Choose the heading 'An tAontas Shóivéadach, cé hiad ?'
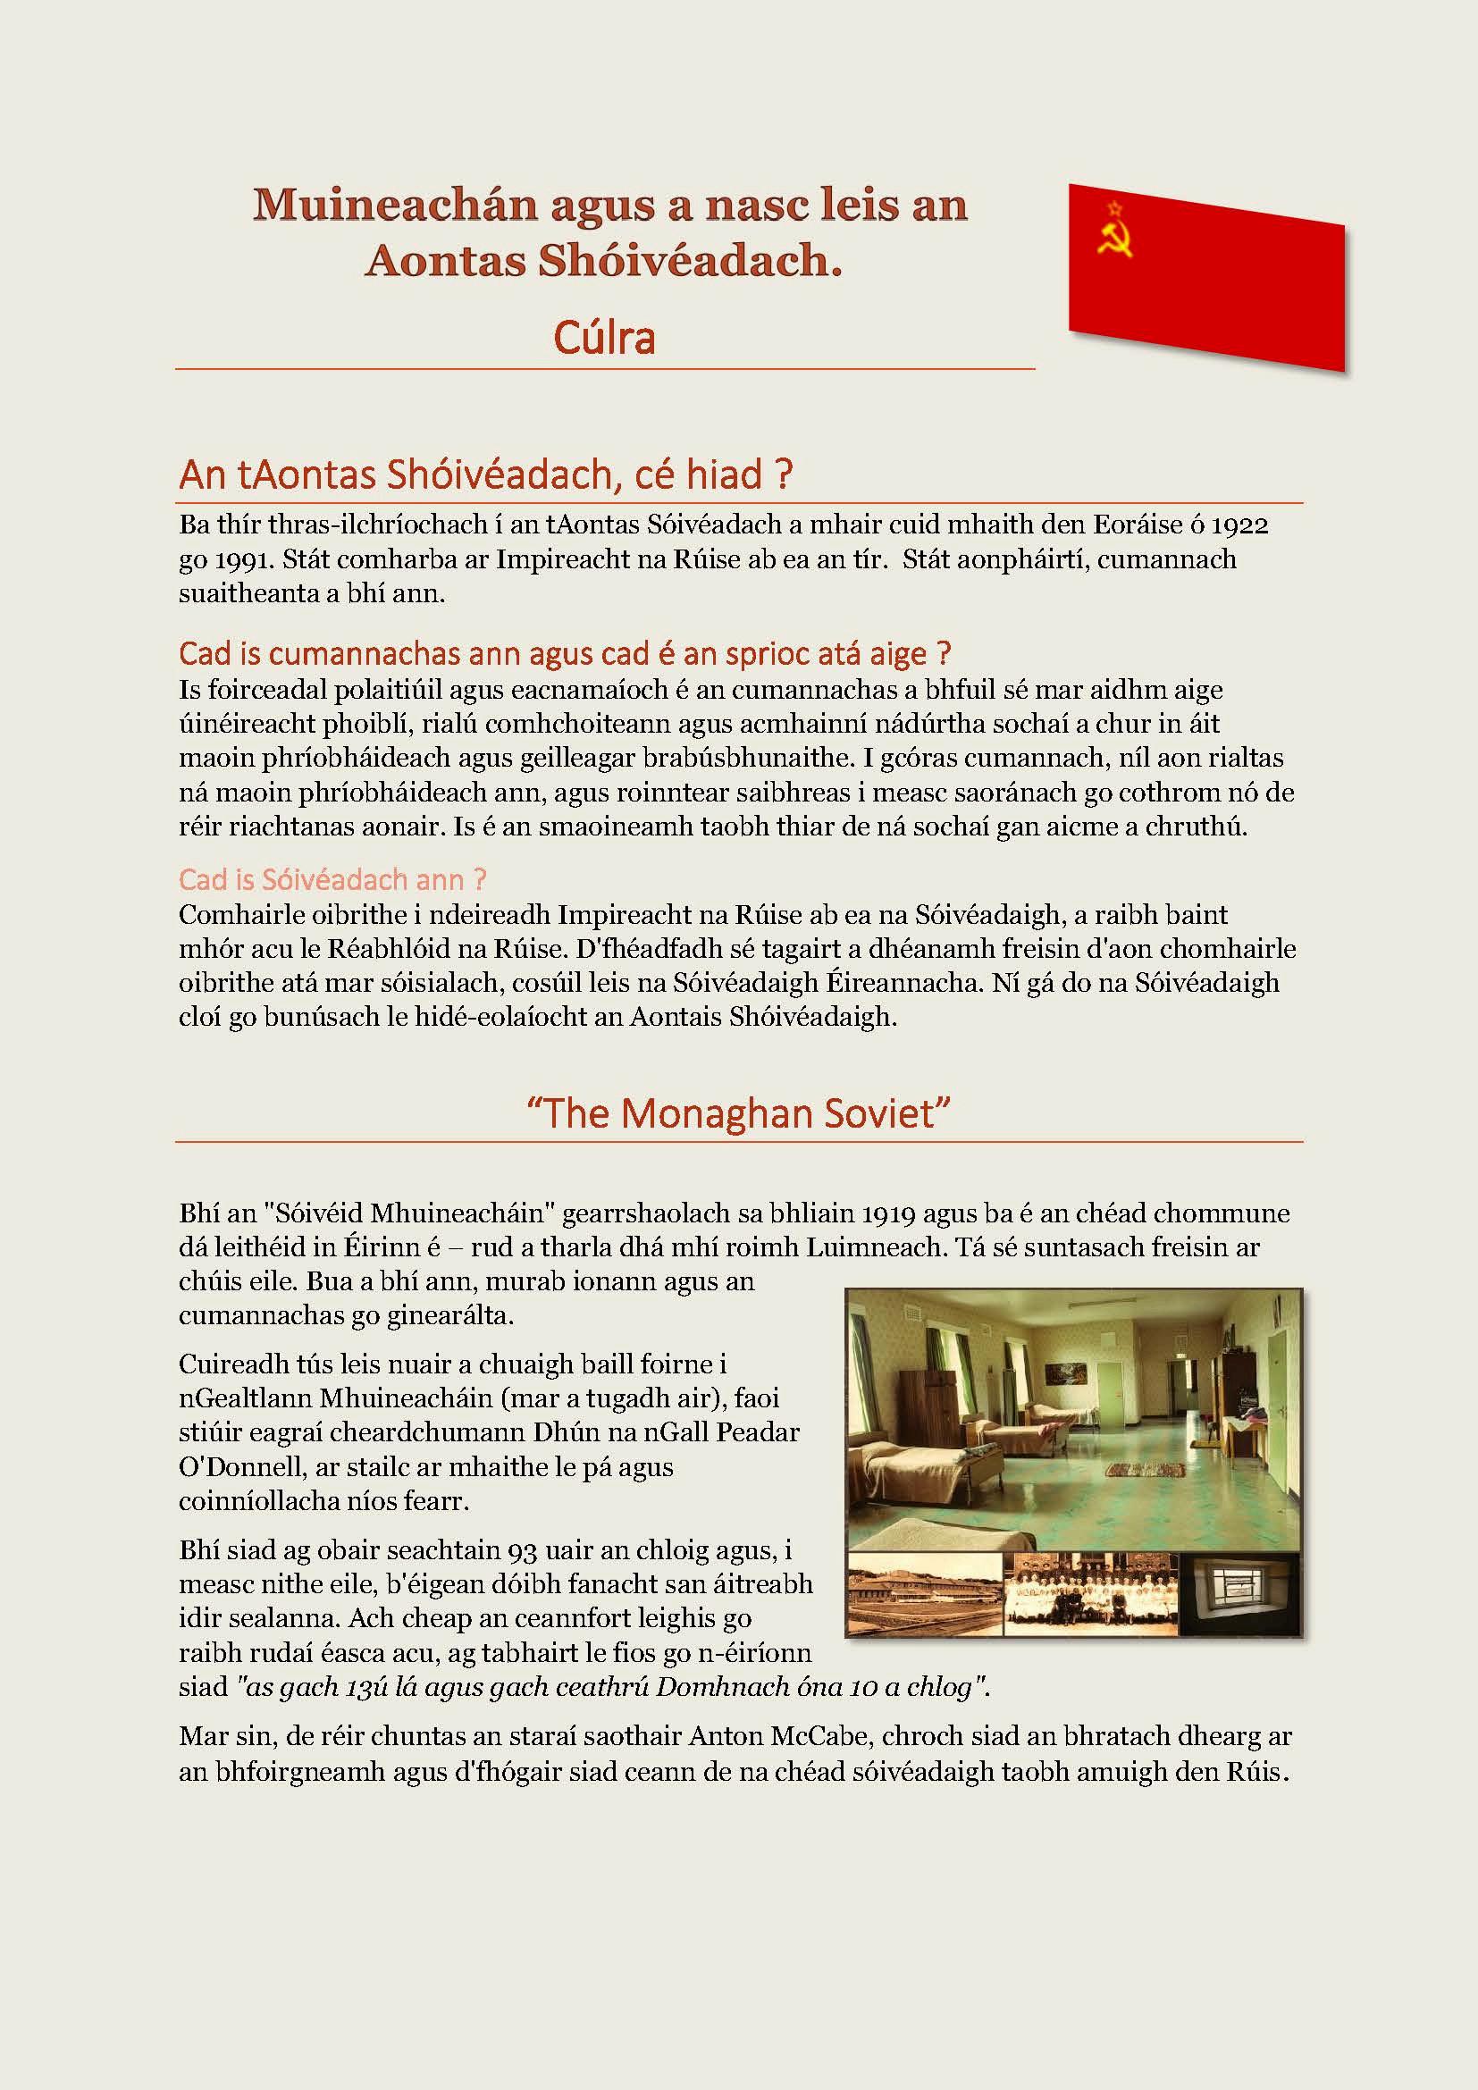pyautogui.click(x=486, y=475)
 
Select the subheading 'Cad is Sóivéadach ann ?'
pyautogui.click(x=332, y=879)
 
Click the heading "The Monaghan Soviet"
pyautogui.click(x=738, y=1114)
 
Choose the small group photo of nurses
pyautogui.click(x=1090, y=1592)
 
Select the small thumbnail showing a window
pyautogui.click(x=1239, y=1592)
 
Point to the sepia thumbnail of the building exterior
pyautogui.click(x=925, y=1592)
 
